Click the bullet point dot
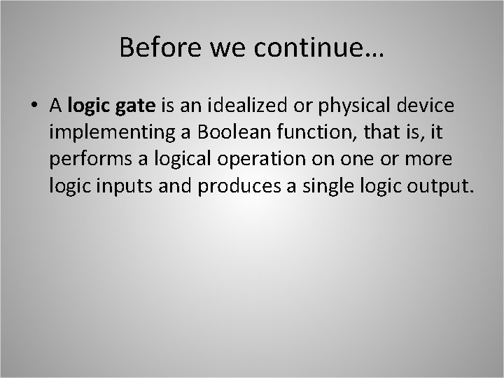click(x=34, y=107)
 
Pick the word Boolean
click(x=209, y=132)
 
